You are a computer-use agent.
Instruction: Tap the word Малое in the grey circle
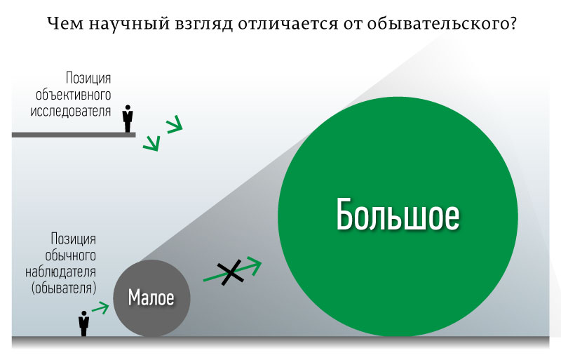[x=151, y=298]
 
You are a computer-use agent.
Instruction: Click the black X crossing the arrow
[x=231, y=272]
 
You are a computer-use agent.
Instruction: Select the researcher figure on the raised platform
[x=128, y=119]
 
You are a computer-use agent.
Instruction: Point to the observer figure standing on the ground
[x=83, y=324]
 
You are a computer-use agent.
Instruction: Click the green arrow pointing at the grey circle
[x=100, y=307]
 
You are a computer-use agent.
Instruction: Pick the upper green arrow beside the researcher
[x=175, y=124]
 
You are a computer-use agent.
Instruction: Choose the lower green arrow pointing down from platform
[x=151, y=143]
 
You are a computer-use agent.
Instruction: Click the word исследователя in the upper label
[x=71, y=111]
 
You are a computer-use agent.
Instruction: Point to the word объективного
[x=74, y=95]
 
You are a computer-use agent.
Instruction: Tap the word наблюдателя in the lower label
[x=60, y=272]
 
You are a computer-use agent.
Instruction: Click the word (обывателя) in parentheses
[x=64, y=288]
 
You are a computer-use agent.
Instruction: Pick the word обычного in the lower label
[x=71, y=255]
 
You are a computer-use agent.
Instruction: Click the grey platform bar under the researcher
[x=74, y=135]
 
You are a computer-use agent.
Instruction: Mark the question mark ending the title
[x=513, y=23]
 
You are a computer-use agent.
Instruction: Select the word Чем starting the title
[x=65, y=24]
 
